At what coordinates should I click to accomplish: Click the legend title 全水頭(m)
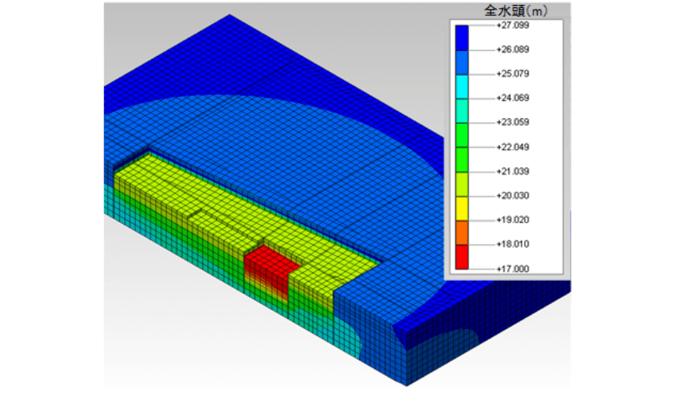pyautogui.click(x=515, y=11)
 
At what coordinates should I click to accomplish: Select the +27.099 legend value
pyautogui.click(x=513, y=25)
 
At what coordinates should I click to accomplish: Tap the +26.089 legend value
pyautogui.click(x=513, y=49)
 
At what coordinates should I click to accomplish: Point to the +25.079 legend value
pyautogui.click(x=513, y=73)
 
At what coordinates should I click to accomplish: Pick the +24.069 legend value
pyautogui.click(x=513, y=98)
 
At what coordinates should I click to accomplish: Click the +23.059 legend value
pyautogui.click(x=513, y=122)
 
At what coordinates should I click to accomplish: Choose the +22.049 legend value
pyautogui.click(x=513, y=147)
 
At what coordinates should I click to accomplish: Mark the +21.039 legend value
pyautogui.click(x=513, y=171)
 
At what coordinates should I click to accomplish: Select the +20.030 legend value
pyautogui.click(x=513, y=195)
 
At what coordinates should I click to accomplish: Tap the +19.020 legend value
pyautogui.click(x=513, y=220)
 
